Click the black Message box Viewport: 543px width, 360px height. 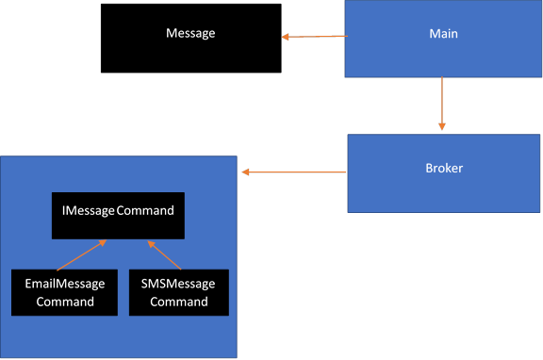coord(190,53)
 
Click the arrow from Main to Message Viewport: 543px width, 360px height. coord(315,38)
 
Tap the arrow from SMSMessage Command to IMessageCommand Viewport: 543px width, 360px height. coord(164,254)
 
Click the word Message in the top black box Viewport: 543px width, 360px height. coord(190,33)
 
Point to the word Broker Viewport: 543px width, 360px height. coord(443,169)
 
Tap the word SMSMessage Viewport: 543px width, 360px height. coord(178,284)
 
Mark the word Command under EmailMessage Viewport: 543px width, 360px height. coord(64,302)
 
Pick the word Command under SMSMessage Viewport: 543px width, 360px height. coord(178,302)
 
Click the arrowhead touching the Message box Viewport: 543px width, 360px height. coord(285,38)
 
